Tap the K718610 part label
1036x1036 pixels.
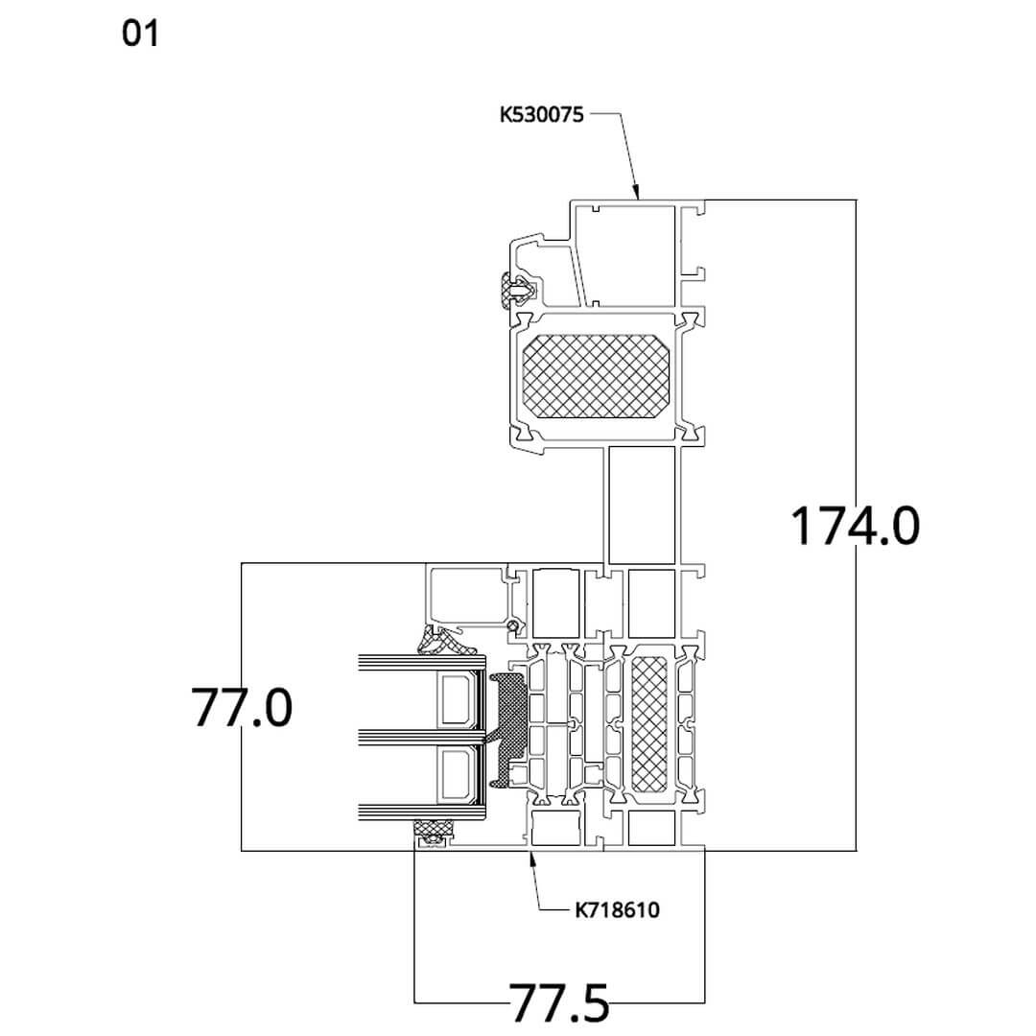[617, 909]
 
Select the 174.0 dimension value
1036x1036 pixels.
[855, 526]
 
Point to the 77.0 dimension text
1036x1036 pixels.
[241, 708]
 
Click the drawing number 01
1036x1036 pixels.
[140, 35]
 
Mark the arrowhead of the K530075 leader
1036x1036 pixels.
[636, 194]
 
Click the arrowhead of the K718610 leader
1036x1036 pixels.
[530, 855]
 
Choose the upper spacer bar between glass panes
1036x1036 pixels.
[456, 699]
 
